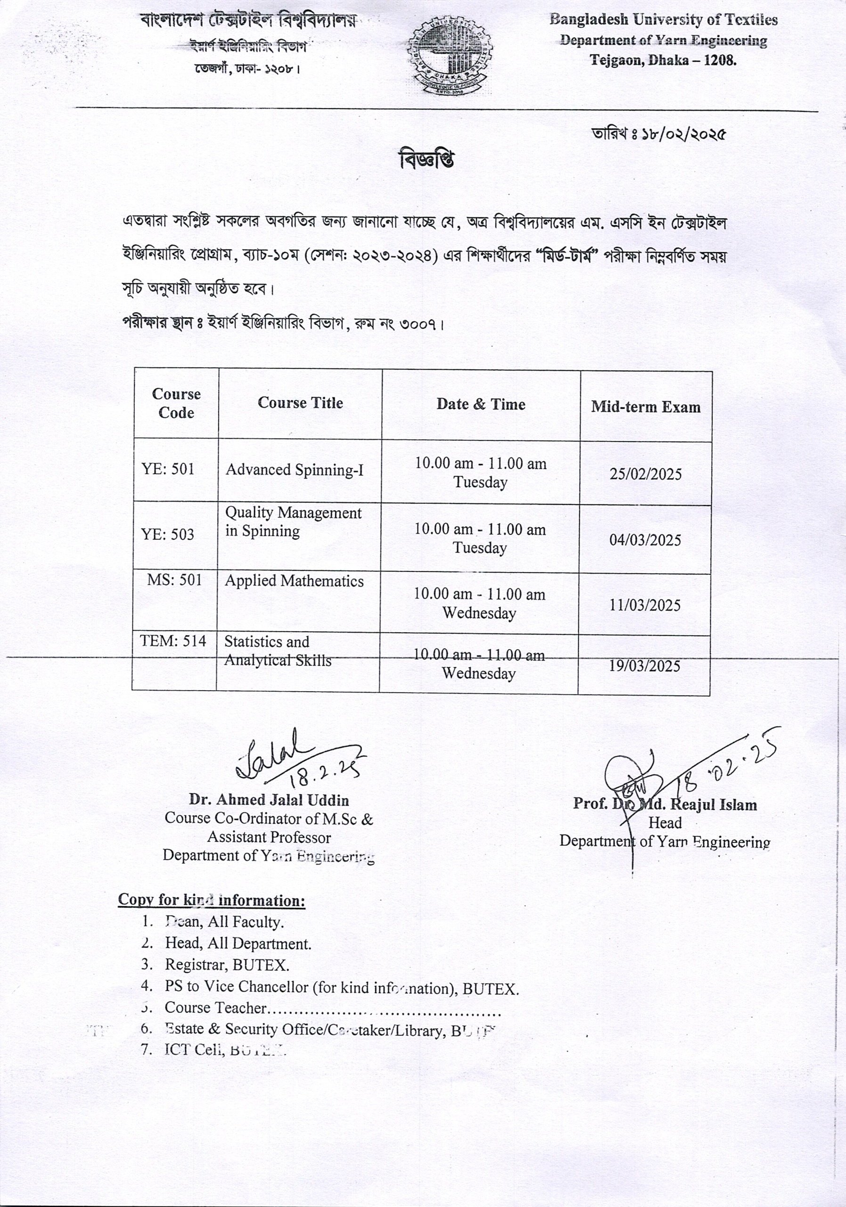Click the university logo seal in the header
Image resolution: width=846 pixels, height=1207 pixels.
tap(450, 55)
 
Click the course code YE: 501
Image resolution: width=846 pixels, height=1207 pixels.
tap(168, 469)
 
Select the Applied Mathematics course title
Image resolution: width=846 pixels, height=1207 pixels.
tap(294, 581)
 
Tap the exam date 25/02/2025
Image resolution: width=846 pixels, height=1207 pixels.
tap(645, 474)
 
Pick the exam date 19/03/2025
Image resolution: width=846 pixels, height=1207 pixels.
tap(644, 666)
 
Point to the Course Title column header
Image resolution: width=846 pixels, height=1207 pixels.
tap(300, 403)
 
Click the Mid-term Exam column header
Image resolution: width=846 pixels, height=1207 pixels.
tap(646, 407)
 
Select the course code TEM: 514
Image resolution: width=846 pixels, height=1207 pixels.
tap(173, 641)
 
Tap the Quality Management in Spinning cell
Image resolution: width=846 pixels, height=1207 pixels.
tap(293, 521)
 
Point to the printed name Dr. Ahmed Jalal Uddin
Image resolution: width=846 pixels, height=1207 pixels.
tap(269, 800)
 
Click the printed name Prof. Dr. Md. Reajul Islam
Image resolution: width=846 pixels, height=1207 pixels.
tap(665, 804)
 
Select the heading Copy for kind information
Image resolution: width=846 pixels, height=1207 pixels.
tap(211, 900)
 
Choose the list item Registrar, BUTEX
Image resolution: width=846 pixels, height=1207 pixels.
tap(227, 965)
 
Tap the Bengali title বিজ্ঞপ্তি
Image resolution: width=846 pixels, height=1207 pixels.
tap(426, 160)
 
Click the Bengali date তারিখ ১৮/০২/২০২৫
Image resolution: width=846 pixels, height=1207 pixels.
tap(658, 134)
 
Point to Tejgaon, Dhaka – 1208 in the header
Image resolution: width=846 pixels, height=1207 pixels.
tap(663, 60)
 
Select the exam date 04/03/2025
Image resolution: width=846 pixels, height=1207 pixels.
tap(645, 540)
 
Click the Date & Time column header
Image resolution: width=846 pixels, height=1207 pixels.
tap(481, 404)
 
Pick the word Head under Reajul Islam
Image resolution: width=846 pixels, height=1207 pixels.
tap(665, 823)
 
